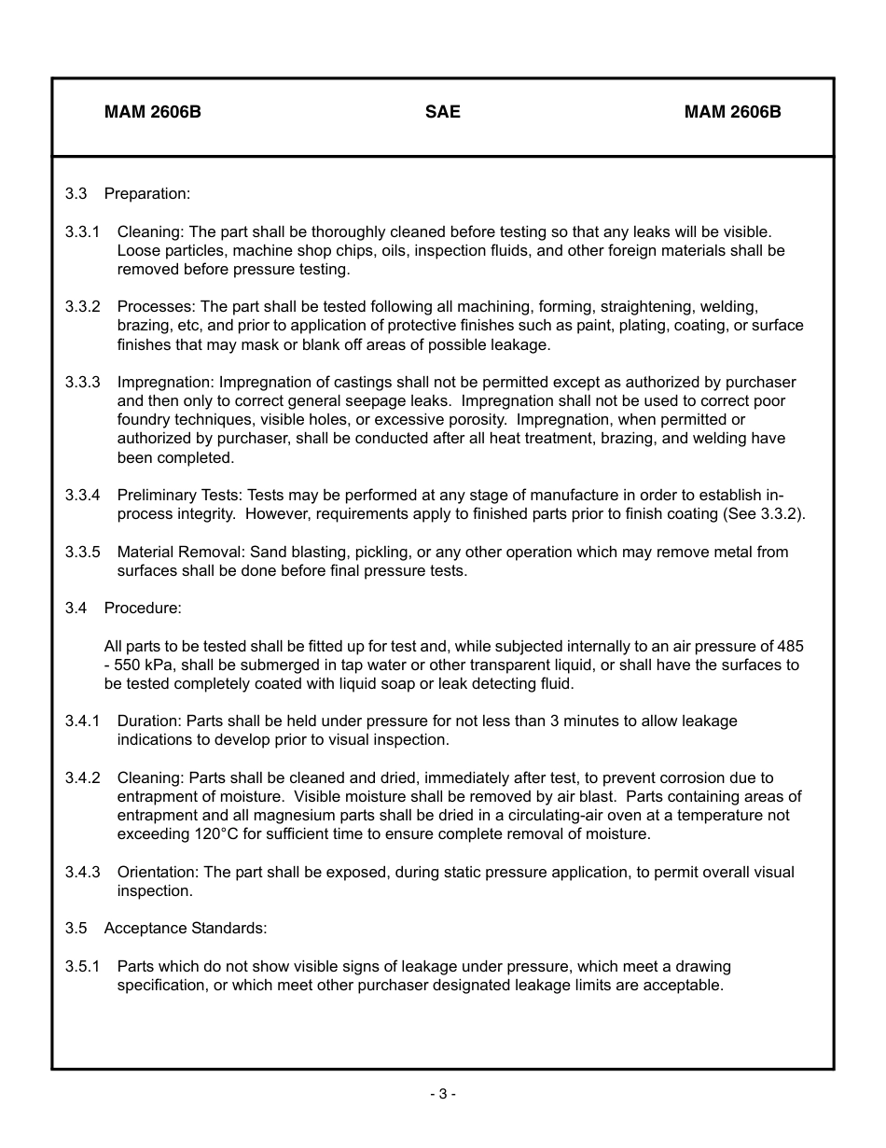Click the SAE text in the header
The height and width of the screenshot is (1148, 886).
(x=442, y=112)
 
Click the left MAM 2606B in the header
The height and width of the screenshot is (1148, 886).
(x=153, y=112)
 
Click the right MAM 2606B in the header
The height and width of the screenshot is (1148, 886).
(x=732, y=112)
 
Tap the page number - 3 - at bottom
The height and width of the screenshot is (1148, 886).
(x=443, y=1094)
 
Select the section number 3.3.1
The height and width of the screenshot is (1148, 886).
(x=82, y=231)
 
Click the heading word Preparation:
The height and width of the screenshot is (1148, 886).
(x=147, y=193)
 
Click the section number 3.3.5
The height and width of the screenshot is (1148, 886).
(x=82, y=552)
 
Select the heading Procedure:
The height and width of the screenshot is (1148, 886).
(x=143, y=608)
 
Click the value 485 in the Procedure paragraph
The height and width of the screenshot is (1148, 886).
(x=790, y=646)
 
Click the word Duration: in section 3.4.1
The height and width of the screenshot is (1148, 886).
(x=149, y=721)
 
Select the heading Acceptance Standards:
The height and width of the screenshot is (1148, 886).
(x=186, y=928)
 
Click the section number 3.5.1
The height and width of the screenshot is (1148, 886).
(x=82, y=966)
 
